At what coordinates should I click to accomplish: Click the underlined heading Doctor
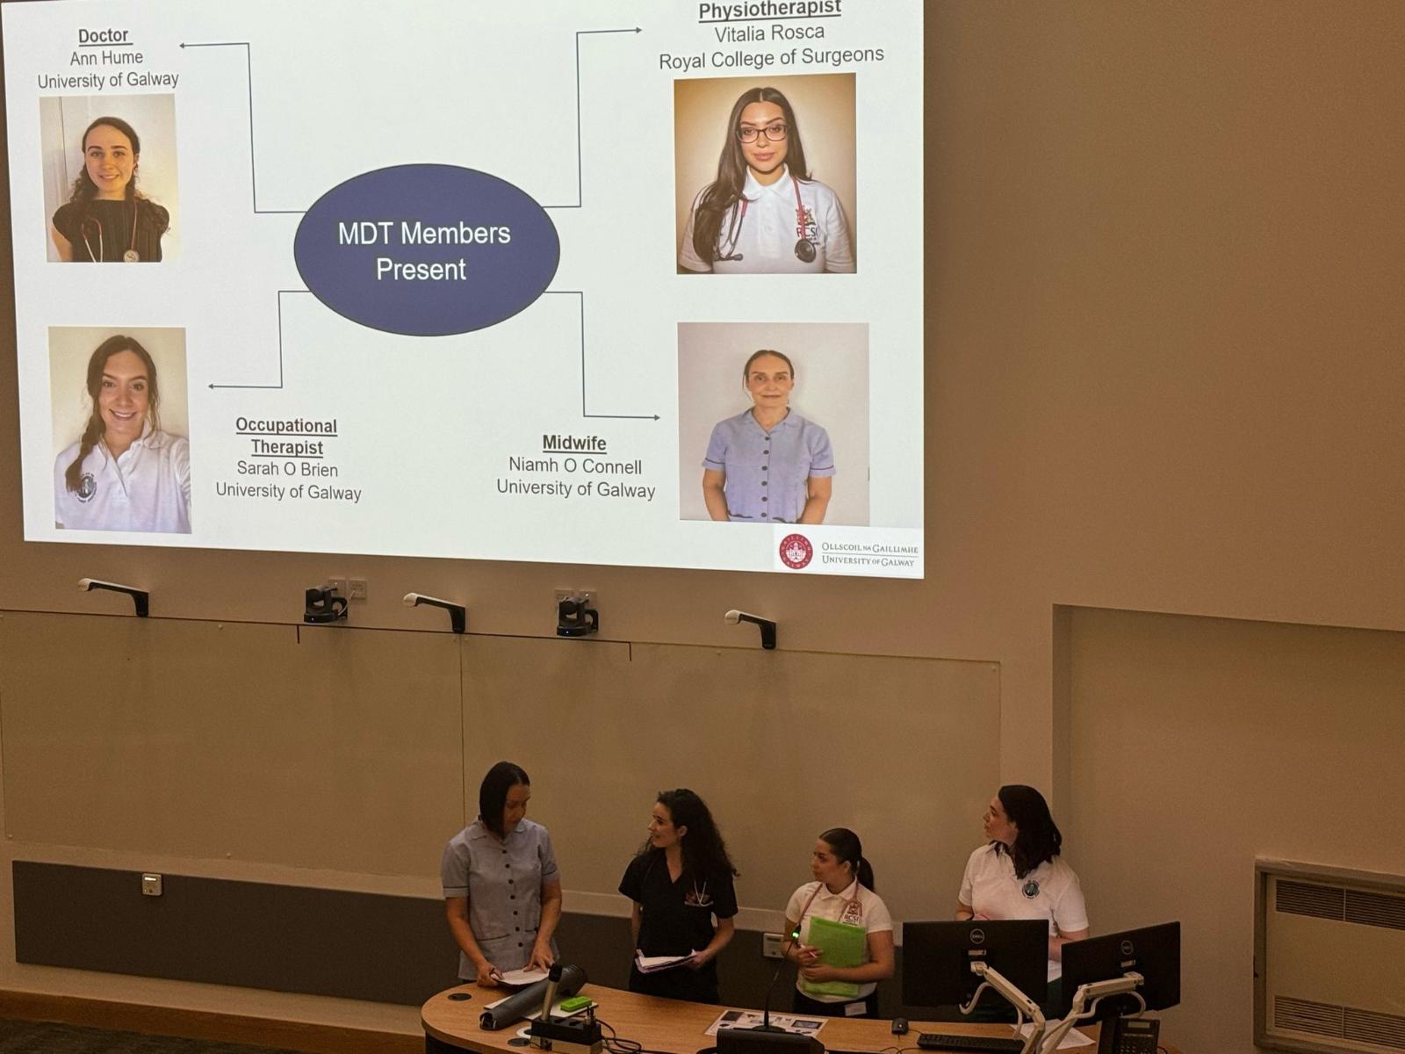pos(104,36)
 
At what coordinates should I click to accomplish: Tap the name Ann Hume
pos(106,58)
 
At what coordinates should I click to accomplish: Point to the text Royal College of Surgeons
pos(771,58)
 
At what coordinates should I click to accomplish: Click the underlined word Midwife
pos(574,443)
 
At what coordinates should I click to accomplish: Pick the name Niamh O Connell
pos(575,466)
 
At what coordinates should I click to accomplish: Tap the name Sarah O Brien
pos(287,469)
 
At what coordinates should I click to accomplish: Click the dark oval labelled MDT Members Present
pos(426,249)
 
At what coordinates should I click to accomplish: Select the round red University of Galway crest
pos(796,552)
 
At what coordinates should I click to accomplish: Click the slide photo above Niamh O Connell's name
pos(774,422)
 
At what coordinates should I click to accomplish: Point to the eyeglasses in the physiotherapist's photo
pos(761,133)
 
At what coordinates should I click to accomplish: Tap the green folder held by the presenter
pos(835,955)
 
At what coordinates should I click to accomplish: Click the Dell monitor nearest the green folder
pos(974,955)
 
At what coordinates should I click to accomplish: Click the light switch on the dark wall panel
pos(152,884)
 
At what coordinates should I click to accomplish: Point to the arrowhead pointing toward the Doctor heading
pos(183,46)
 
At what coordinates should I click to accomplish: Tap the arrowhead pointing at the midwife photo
pos(656,418)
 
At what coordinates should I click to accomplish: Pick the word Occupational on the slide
pos(286,426)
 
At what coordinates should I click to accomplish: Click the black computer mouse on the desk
pos(899,1026)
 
